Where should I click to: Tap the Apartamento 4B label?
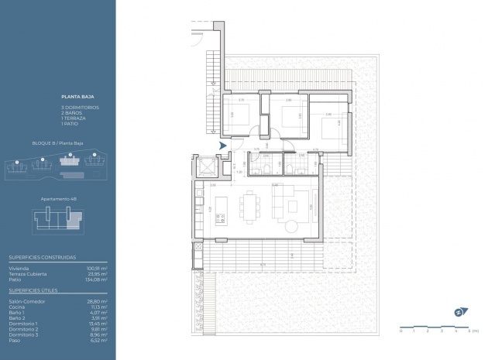(x=59, y=199)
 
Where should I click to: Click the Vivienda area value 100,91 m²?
(x=98, y=268)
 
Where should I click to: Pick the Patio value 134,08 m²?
(x=98, y=280)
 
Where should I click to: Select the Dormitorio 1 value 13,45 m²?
(x=99, y=325)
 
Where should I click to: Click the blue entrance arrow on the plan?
(x=223, y=145)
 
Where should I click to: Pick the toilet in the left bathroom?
(x=265, y=166)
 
